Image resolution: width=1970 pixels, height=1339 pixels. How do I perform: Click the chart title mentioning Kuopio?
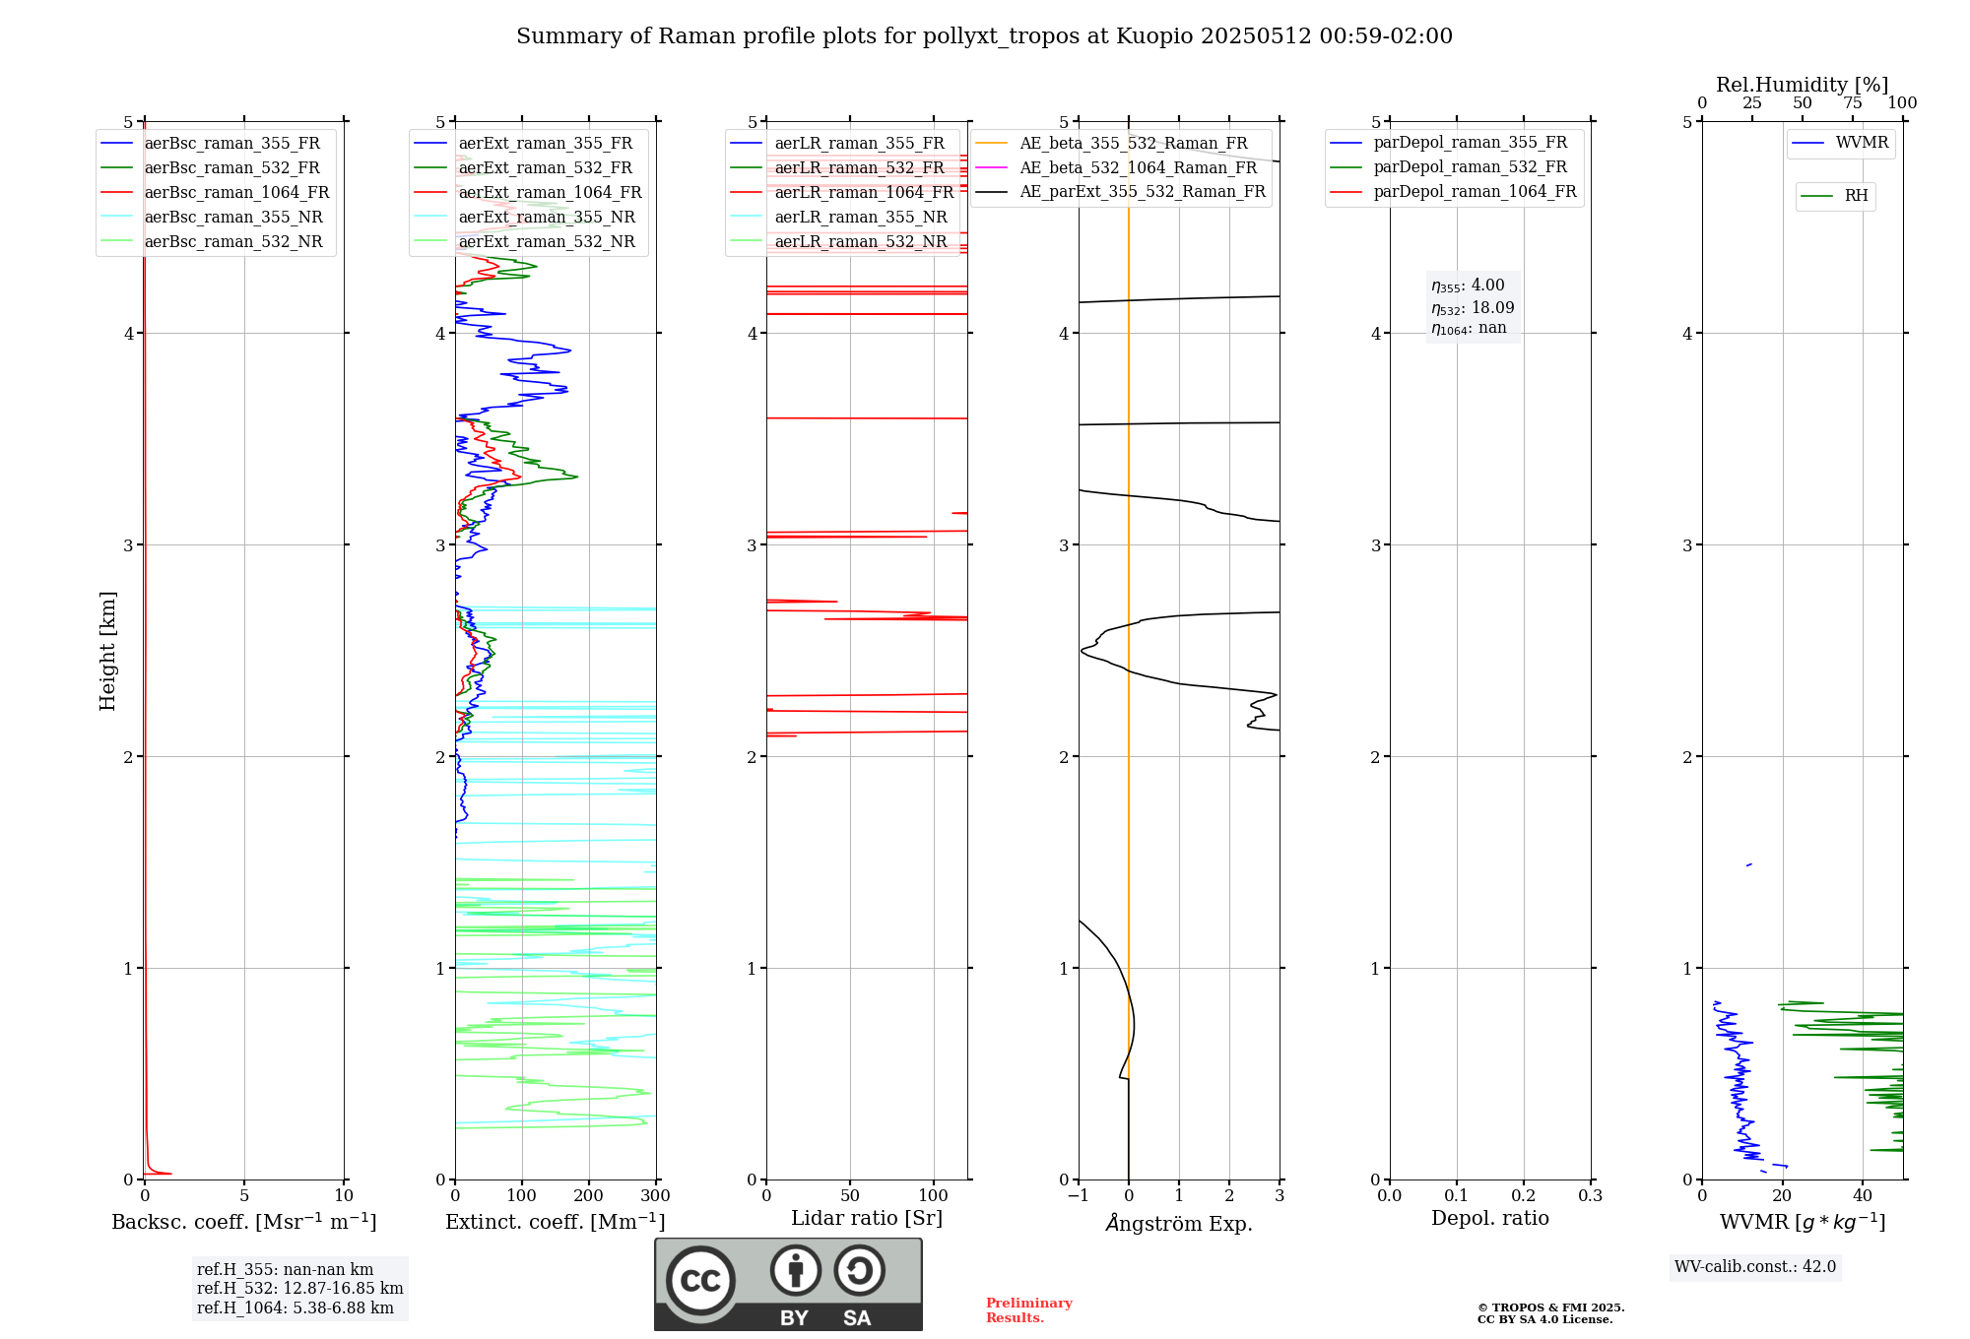[x=984, y=36]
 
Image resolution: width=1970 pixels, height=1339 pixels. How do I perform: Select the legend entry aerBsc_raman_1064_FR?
[x=236, y=193]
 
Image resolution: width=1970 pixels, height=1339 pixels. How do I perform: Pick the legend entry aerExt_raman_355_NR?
[x=547, y=218]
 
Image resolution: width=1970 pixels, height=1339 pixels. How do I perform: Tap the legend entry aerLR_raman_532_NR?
[x=860, y=242]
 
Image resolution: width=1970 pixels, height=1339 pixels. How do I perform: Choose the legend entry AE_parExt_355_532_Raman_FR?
[x=1142, y=192]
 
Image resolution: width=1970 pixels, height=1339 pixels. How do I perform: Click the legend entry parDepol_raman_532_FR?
[x=1470, y=167]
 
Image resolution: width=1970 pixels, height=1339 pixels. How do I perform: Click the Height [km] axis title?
[x=107, y=651]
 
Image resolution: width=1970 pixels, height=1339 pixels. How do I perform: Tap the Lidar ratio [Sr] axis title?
[x=867, y=1218]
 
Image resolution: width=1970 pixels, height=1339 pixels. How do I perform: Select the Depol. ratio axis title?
[x=1489, y=1218]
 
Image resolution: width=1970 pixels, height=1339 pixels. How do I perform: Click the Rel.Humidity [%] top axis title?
[x=1802, y=85]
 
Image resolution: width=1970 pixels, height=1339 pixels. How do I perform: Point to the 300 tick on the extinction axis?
[x=655, y=1196]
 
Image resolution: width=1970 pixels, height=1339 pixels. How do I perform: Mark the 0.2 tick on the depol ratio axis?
[x=1523, y=1196]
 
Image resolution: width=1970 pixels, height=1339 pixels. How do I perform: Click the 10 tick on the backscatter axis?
[x=344, y=1196]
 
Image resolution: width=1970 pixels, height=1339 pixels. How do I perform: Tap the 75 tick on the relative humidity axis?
[x=1852, y=103]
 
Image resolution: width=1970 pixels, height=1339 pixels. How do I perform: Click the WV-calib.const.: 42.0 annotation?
[x=1755, y=1267]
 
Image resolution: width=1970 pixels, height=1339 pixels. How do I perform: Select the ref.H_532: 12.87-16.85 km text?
[x=299, y=1289]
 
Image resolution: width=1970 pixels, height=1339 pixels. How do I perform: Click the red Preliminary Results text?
[x=1028, y=1310]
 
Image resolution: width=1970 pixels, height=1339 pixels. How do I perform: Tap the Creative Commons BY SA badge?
[x=788, y=1284]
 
